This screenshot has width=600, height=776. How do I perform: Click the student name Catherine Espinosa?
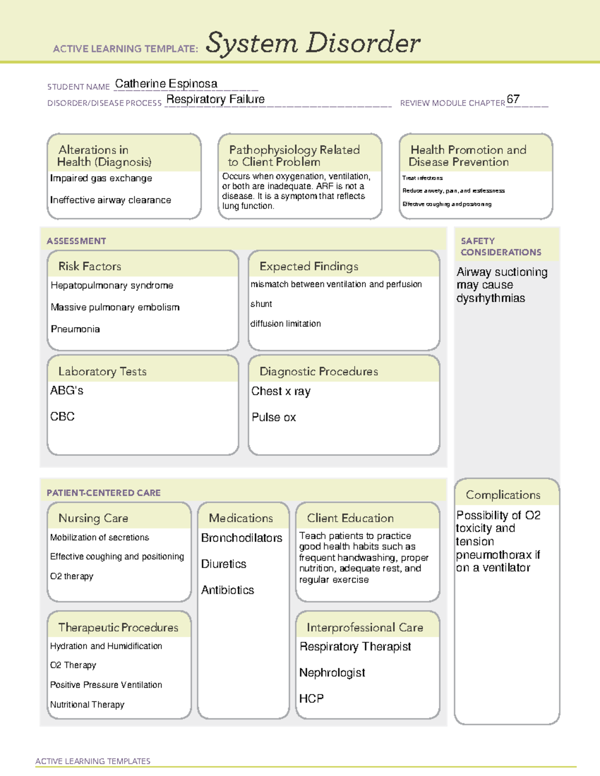[166, 83]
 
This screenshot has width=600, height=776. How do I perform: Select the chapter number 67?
[513, 99]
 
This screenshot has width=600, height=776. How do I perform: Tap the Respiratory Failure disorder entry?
[215, 99]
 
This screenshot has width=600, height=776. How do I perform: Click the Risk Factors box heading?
[90, 266]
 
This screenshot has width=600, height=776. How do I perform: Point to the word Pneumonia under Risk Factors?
[75, 329]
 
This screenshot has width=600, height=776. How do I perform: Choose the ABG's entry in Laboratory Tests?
[66, 391]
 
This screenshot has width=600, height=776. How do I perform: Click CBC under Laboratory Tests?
[62, 417]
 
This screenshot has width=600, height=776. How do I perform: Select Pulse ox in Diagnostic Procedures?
[273, 417]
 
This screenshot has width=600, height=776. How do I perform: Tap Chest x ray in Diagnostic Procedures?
[280, 391]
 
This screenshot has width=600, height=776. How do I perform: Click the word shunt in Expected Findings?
[261, 304]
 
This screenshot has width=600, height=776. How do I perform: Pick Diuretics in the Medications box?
[223, 564]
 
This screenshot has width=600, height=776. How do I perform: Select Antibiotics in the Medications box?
[227, 590]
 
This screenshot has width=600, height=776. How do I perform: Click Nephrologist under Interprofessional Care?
[332, 673]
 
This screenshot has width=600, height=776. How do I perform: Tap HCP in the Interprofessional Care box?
[311, 699]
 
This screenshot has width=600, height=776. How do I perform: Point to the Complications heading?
[503, 495]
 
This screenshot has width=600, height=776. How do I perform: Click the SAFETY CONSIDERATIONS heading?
[500, 246]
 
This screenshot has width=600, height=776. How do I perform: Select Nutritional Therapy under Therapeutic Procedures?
[87, 705]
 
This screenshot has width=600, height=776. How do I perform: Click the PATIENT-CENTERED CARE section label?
[103, 493]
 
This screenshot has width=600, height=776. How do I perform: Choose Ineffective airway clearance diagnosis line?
[110, 200]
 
